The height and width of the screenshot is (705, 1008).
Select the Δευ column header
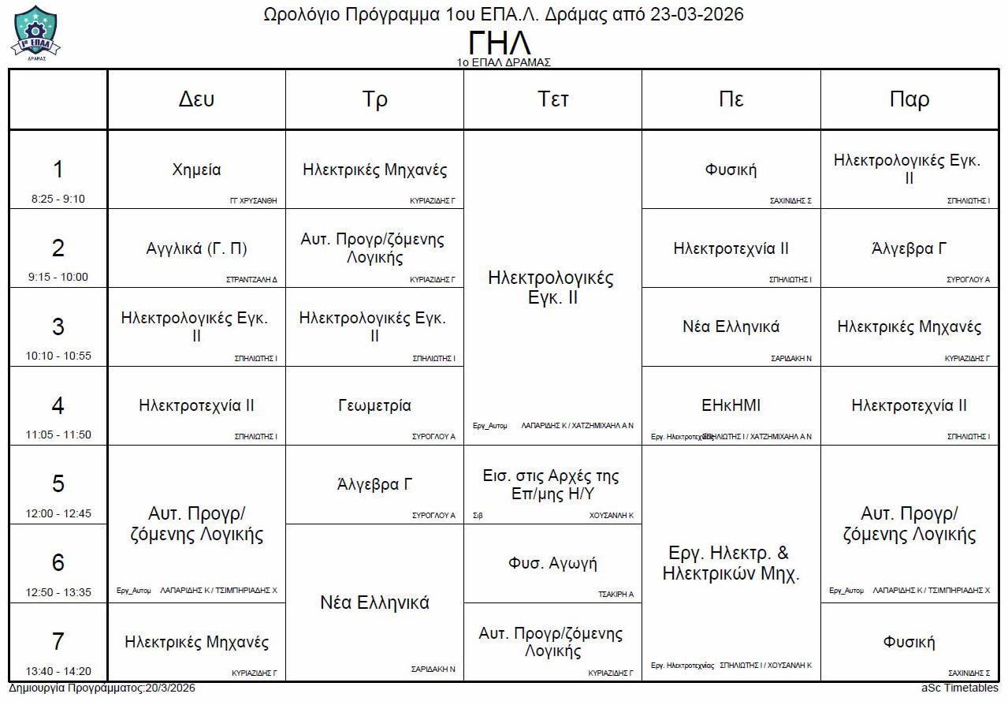[x=196, y=99]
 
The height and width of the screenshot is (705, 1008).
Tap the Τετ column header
[x=552, y=99]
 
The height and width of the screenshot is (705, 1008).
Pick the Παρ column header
[x=909, y=99]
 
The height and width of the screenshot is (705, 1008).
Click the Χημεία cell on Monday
[x=196, y=170]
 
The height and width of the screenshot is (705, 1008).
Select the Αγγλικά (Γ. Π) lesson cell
[x=196, y=248]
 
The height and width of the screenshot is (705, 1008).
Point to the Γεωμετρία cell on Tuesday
[x=374, y=405]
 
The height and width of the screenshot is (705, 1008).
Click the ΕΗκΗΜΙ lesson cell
[x=731, y=405]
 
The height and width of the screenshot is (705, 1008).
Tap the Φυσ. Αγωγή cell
[x=552, y=563]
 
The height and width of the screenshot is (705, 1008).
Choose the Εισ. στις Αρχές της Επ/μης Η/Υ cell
[x=552, y=484]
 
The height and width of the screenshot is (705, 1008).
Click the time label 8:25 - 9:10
[x=58, y=199]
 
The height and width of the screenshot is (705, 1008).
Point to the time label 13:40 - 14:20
[x=58, y=671]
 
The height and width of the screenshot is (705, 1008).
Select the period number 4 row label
[x=58, y=405]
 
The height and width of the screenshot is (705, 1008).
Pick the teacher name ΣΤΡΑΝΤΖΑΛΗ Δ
[x=251, y=279]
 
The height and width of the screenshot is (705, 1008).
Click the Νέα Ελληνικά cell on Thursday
[x=731, y=326]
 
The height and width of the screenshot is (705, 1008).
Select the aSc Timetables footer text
[x=959, y=688]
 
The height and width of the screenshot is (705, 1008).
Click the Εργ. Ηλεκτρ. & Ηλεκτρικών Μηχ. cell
[x=731, y=563]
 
